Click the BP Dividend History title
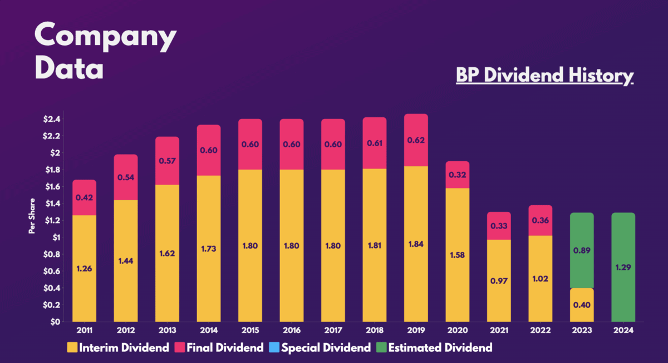(544, 76)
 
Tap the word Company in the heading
(105, 36)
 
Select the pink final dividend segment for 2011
(84, 197)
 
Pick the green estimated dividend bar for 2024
(623, 267)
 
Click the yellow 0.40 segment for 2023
(582, 305)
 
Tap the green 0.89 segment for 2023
(582, 250)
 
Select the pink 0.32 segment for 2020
(457, 175)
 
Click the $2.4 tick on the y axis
(54, 119)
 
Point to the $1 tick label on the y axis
(58, 237)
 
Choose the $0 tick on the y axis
(58, 322)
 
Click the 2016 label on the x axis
(292, 331)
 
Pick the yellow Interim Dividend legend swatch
(72, 349)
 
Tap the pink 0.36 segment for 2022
(540, 220)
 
